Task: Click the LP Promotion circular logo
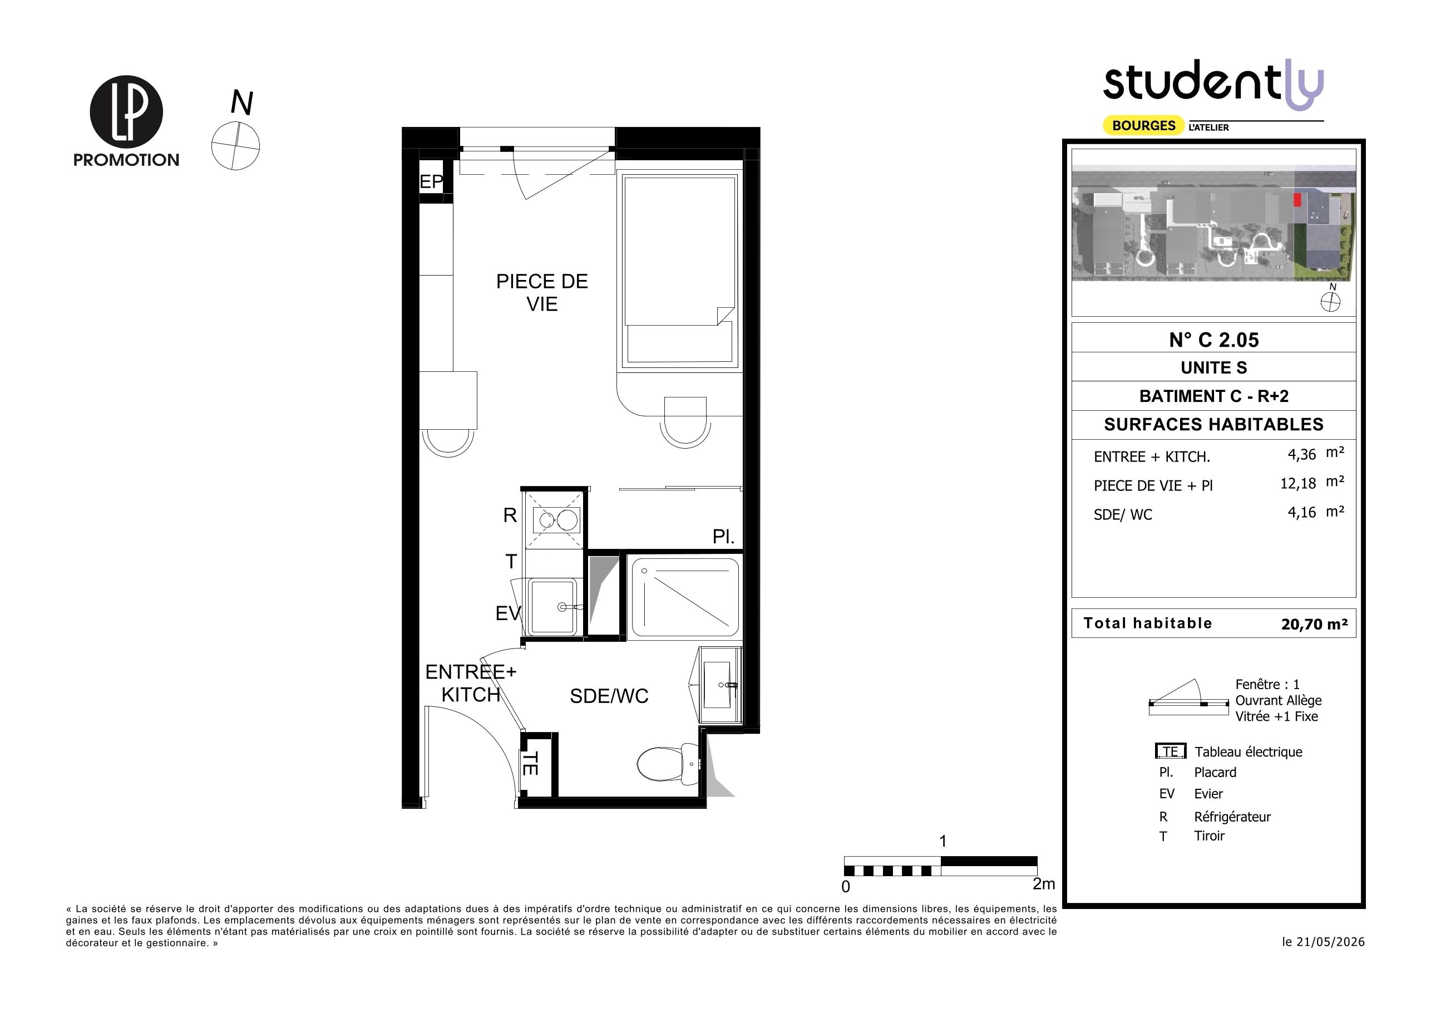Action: pos(126,112)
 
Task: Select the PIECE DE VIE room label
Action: pos(541,292)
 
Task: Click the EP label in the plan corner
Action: pos(431,181)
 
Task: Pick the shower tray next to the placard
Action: pos(685,597)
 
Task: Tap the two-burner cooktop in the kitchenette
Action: pos(556,519)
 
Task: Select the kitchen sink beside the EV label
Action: pos(553,607)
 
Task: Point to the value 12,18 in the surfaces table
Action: pos(1297,484)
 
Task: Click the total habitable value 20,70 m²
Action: pos(1315,624)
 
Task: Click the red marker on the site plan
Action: pos(1297,199)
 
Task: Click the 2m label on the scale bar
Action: pos(1044,883)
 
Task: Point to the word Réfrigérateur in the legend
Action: pos(1232,817)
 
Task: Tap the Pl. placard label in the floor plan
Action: pos(724,537)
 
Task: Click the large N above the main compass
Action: pos(242,103)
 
